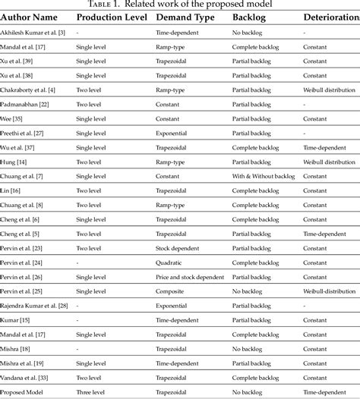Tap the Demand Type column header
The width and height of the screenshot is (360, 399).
point(185,17)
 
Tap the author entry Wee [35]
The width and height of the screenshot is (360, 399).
point(14,118)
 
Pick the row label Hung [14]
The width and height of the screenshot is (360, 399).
point(17,162)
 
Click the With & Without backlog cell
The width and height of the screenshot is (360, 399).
point(264,176)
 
